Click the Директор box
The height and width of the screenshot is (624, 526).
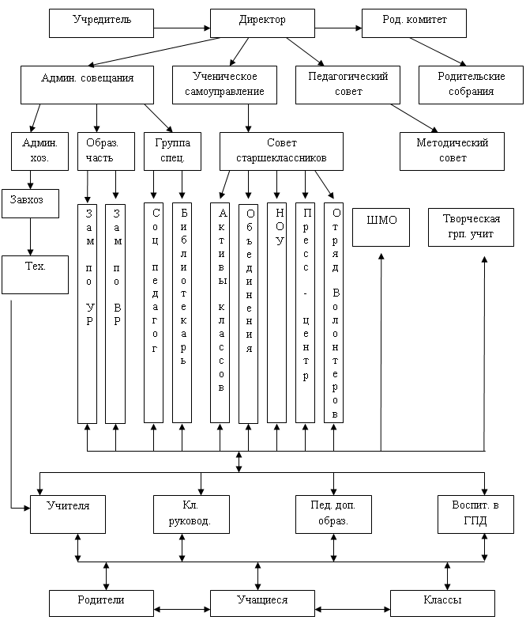click(261, 23)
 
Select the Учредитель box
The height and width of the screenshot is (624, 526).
click(101, 23)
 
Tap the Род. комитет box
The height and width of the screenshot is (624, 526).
click(415, 23)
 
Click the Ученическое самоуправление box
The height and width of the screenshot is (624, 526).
click(225, 84)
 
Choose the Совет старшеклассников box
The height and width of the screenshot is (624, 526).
click(281, 150)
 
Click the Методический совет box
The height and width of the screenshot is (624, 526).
click(452, 150)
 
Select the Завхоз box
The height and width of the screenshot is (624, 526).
click(30, 203)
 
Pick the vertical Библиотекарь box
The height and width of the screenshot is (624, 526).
click(182, 312)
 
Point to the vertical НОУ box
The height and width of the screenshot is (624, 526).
click(276, 312)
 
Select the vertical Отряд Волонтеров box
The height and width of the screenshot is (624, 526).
click(334, 312)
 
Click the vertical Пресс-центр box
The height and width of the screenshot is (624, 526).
click(305, 312)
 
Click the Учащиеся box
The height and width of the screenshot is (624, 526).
click(261, 602)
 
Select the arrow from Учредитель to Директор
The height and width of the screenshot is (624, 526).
click(182, 28)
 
